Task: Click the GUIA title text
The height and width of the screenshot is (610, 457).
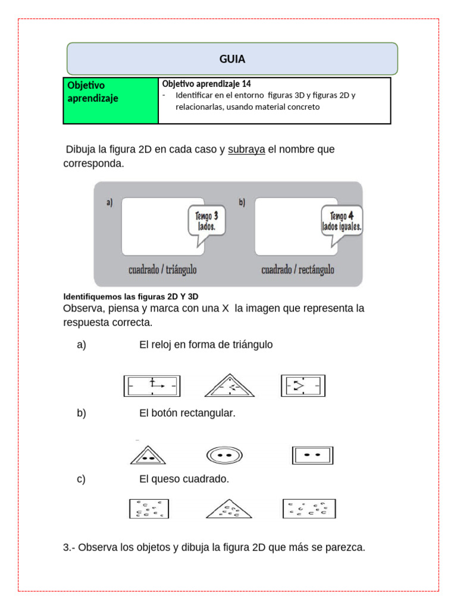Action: pyautogui.click(x=232, y=59)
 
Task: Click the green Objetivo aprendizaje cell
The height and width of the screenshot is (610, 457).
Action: pyautogui.click(x=110, y=100)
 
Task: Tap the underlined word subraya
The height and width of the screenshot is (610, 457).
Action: pyautogui.click(x=246, y=150)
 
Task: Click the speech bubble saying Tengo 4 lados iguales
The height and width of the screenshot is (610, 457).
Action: pyautogui.click(x=342, y=222)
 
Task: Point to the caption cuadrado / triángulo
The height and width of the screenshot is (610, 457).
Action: pyautogui.click(x=162, y=270)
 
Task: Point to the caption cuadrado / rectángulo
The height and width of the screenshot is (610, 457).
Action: pyautogui.click(x=298, y=270)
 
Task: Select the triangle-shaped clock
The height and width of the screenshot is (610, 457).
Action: pyautogui.click(x=229, y=386)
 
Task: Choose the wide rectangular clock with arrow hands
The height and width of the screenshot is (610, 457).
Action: pyautogui.click(x=152, y=386)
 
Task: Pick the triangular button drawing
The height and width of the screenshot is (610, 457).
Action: pyautogui.click(x=148, y=455)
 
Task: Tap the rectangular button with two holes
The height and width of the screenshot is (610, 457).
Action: pyautogui.click(x=312, y=455)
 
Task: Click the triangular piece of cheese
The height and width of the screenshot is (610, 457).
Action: pyautogui.click(x=228, y=509)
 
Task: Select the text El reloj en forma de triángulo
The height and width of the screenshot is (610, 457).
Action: pyautogui.click(x=205, y=344)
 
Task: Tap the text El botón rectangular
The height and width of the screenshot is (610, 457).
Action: pyautogui.click(x=187, y=413)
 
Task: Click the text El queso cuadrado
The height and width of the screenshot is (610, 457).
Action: pyautogui.click(x=184, y=479)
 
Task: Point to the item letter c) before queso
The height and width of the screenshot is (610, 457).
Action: pyautogui.click(x=81, y=479)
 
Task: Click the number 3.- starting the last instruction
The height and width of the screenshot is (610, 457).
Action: pyautogui.click(x=68, y=547)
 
